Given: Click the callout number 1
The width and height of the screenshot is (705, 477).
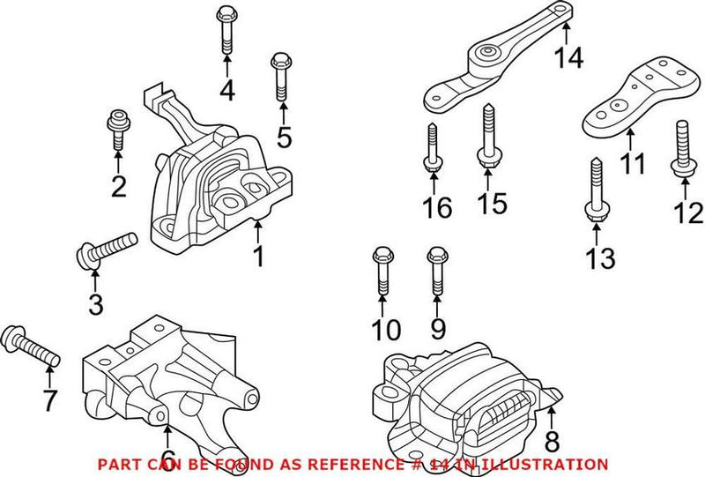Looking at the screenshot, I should tap(258, 257).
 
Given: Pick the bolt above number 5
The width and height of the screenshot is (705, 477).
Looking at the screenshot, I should tap(281, 75).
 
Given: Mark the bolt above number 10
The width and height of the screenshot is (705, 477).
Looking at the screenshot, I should tap(382, 272).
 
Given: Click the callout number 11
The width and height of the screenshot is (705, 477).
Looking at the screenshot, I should tap(631, 163).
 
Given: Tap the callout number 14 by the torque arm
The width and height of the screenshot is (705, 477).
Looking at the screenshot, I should tap(568, 58).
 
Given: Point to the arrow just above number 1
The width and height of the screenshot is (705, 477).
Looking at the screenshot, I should tap(258, 231).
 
